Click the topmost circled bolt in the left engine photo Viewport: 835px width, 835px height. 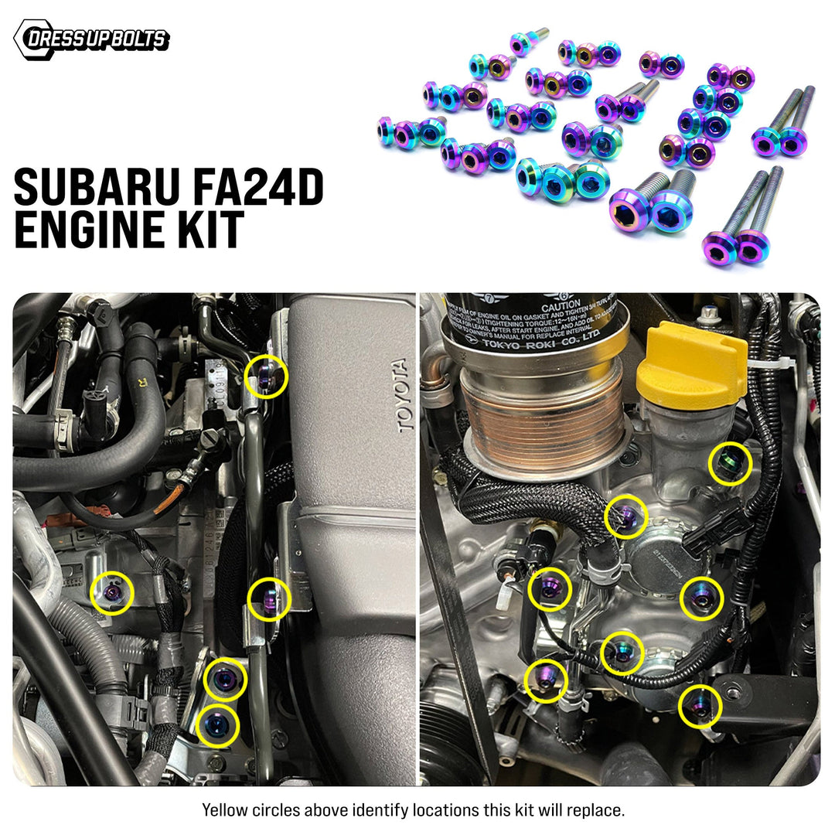click(266, 377)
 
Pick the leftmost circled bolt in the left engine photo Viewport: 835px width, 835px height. click(112, 592)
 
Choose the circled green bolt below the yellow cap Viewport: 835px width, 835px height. click(730, 464)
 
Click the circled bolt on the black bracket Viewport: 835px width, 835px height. click(700, 707)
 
